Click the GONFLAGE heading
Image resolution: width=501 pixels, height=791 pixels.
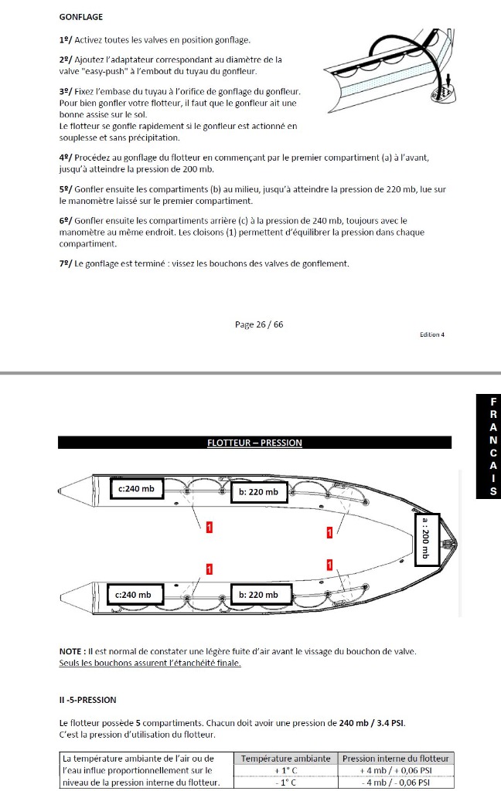pos(81,16)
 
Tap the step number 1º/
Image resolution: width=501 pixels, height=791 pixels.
pos(66,39)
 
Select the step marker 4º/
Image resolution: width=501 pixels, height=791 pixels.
pos(66,158)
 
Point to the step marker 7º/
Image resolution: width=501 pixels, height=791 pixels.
pos(66,263)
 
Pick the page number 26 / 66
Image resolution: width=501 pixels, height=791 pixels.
pos(259,324)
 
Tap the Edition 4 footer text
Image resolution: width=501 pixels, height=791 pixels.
pos(432,334)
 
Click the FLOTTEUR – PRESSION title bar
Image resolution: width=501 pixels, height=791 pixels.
pos(254,443)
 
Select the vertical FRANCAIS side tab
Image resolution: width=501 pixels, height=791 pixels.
pos(488,446)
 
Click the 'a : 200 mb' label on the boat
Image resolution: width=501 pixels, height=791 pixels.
pos(426,539)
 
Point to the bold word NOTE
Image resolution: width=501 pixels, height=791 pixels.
pos(72,651)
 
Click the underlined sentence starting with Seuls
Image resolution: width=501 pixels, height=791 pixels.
pos(150,663)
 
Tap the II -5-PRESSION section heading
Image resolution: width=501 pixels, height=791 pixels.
pos(87,700)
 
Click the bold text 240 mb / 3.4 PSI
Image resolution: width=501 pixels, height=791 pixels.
pos(372,723)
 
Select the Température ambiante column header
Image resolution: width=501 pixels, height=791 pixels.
pos(285,759)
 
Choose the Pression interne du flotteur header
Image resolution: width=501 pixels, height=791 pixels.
pos(396,759)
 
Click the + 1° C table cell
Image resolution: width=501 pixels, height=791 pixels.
pos(285,771)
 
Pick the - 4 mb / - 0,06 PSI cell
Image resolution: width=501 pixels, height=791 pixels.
pos(396,783)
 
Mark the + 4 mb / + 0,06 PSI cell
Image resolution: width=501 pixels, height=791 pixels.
pos(396,771)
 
